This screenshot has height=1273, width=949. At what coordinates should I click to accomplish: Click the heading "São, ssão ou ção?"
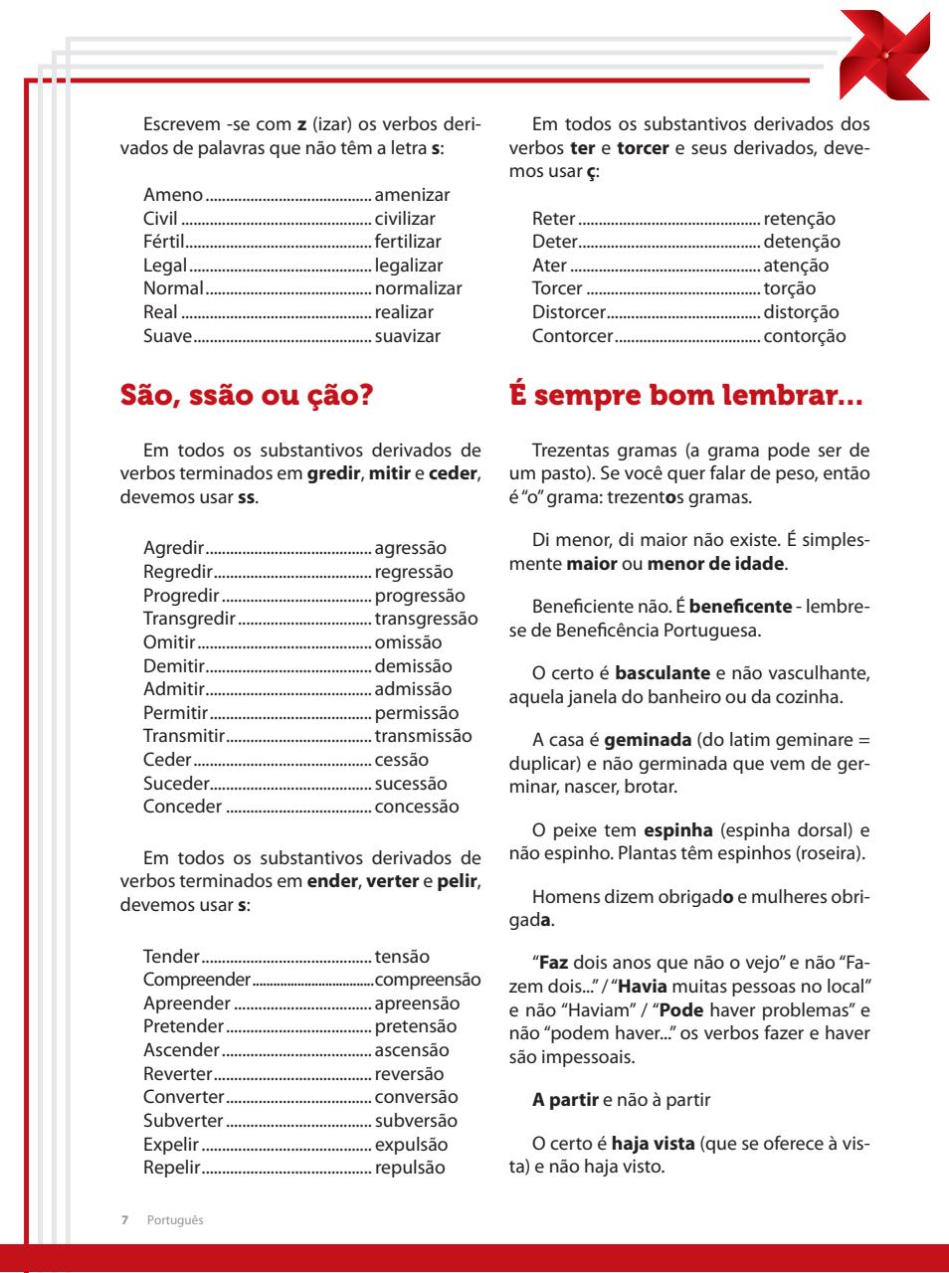246,396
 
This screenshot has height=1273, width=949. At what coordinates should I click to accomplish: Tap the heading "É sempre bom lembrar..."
686,396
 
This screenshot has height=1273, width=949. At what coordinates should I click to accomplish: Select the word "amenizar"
412,195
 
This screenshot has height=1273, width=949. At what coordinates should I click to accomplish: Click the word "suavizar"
407,336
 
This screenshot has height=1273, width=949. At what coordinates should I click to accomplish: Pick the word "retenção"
799,219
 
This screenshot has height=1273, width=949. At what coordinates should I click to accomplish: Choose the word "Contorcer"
572,336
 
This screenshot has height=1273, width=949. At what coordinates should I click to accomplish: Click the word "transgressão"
426,619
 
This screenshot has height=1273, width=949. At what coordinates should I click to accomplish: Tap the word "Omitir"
169,642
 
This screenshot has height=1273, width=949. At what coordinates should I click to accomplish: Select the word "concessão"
417,807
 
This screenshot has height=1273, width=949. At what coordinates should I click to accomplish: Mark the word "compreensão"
428,980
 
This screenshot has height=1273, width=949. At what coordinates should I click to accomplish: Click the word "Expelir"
171,1145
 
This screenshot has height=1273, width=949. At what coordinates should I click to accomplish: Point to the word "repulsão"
410,1168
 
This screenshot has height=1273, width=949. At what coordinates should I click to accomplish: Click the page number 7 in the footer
124,1220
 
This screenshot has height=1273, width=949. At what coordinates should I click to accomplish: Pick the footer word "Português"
175,1220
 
